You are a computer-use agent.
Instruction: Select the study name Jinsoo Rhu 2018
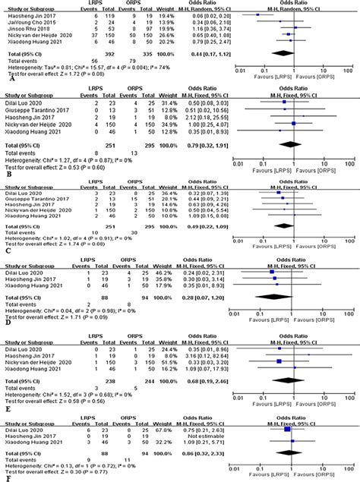25,27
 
